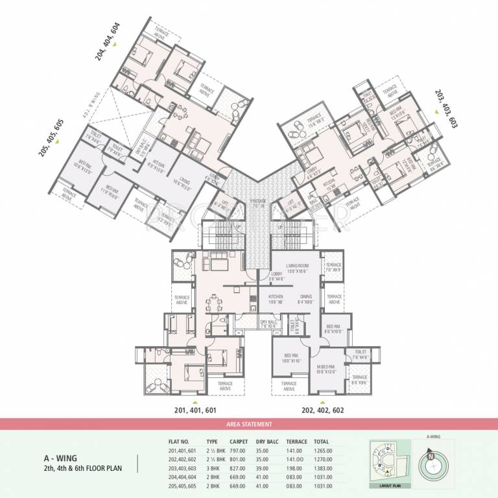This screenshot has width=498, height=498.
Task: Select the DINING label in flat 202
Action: coord(306,299)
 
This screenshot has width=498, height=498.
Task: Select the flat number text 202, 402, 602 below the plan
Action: coord(323,410)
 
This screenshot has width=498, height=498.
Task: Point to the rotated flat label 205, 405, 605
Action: coord(51,134)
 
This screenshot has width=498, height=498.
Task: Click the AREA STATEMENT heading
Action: coord(249,424)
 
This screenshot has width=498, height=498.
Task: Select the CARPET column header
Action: coord(238,441)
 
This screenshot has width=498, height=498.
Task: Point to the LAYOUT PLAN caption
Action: coord(383,485)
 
